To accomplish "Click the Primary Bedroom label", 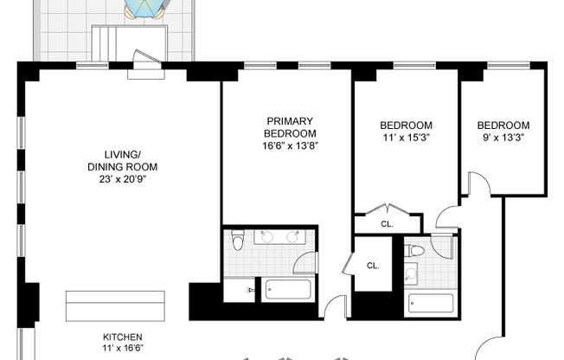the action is pos(290,127).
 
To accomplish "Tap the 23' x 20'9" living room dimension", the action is pos(123,179).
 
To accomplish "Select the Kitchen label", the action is pos(123,337).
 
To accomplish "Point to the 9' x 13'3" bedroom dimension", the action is pos(503,138).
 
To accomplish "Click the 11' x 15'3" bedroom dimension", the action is pos(407,138).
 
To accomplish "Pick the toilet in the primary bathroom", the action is pos(238,240).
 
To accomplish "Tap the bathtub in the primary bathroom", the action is pos(288,290).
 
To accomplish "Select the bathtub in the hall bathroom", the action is pos(431,304).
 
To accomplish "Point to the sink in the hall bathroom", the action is pos(410,274).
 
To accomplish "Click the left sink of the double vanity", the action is pos(267,236).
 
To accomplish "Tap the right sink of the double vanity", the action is pos(292,236).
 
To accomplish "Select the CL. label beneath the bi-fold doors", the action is pos(387,224).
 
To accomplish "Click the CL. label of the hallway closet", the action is pos(373,266).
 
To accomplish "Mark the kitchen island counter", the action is pos(115,306).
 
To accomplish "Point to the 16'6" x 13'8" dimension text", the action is pos(291,145).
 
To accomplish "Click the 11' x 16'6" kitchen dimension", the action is pos(123,348).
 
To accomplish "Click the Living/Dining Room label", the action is pos(123,161).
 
